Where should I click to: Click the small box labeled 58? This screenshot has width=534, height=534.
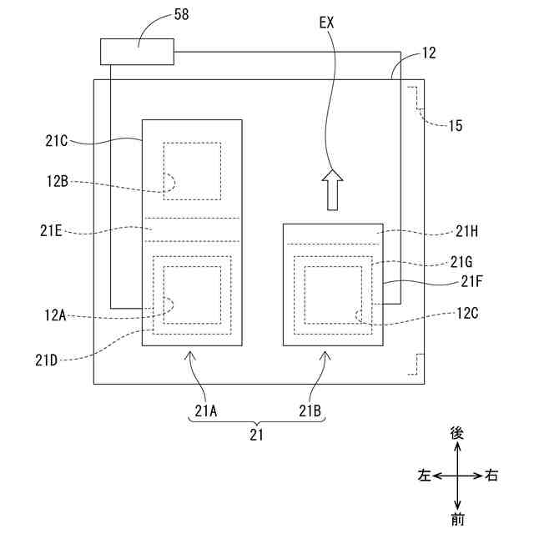pyautogui.click(x=137, y=52)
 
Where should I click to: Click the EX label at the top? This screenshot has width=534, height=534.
pyautogui.click(x=328, y=23)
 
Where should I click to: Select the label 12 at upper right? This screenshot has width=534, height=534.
pyautogui.click(x=428, y=53)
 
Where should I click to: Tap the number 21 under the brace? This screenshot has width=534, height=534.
pyautogui.click(x=256, y=435)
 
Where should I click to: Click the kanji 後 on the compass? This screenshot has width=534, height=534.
pyautogui.click(x=456, y=432)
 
